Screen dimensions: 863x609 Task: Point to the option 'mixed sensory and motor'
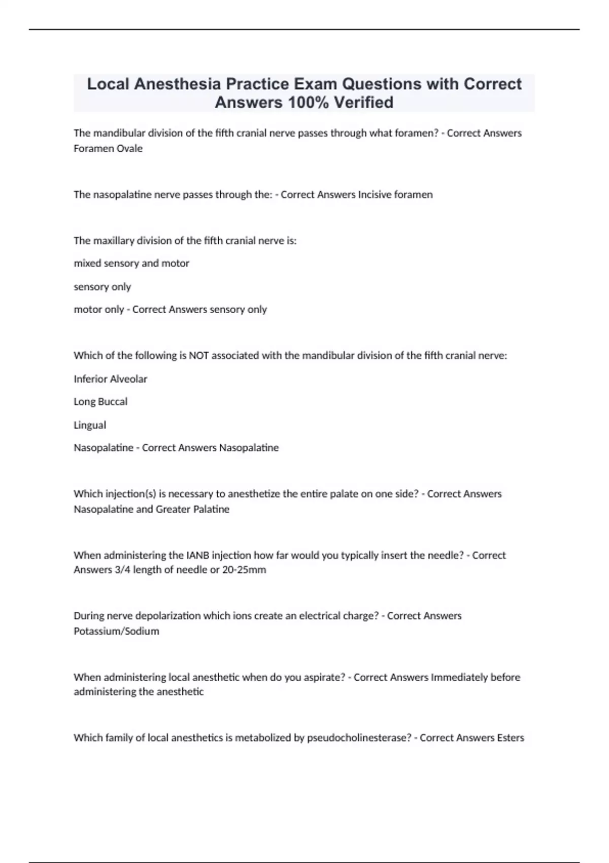tap(131, 263)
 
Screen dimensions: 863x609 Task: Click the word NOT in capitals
tap(198, 355)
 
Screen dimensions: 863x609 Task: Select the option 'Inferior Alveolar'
tap(110, 379)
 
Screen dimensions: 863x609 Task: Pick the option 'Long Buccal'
tap(100, 402)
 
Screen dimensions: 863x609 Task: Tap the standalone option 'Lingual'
tap(90, 425)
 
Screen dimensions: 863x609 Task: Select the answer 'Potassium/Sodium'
tap(116, 631)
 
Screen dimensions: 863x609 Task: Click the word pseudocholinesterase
tap(359, 738)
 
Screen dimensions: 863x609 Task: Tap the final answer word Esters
tap(510, 738)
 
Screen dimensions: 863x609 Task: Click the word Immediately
tap(459, 677)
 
